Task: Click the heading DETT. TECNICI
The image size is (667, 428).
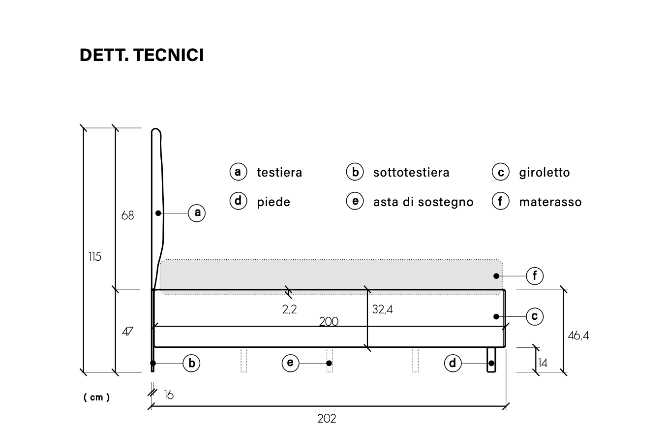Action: coord(142,55)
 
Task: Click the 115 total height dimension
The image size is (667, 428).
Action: coord(95,256)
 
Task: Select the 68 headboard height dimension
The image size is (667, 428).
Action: coord(127,215)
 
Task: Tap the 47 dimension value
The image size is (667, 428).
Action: coord(127,332)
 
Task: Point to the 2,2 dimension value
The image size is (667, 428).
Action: coord(289,309)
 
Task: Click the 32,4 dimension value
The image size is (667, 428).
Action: coord(382,309)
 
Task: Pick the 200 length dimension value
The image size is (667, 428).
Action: coord(329,322)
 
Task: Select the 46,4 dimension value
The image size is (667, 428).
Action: coord(578,336)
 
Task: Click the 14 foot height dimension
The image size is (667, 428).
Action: coord(543,363)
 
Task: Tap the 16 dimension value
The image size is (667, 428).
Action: coord(169,395)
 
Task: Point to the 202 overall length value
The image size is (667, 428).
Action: coord(327,419)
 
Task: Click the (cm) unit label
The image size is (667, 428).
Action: coord(96,397)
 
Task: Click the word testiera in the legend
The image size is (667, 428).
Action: coord(279,173)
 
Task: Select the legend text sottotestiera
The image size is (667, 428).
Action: coord(411,173)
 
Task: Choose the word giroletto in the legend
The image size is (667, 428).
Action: coord(545,173)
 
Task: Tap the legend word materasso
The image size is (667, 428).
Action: coord(550,202)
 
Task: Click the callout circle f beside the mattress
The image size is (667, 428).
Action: coord(535,276)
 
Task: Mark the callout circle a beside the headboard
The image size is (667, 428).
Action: coord(197,213)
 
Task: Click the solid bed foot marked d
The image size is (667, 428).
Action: coord(491,360)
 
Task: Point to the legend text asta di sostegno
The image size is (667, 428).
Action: coord(423,202)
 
